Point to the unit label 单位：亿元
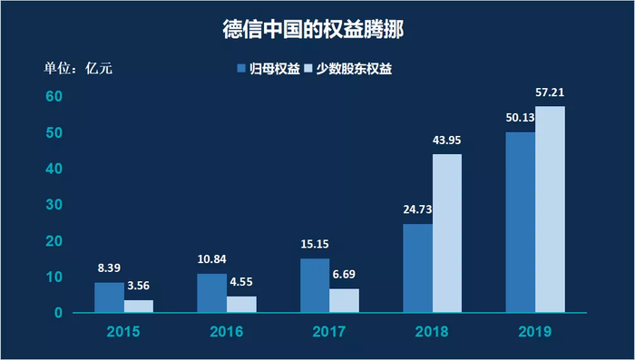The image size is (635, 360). coord(79,69)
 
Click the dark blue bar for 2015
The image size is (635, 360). coord(109,297)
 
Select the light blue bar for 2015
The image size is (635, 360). coord(139,306)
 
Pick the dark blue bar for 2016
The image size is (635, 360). coord(211,293)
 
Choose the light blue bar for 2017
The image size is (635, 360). coord(344,301)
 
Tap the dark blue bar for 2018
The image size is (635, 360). coord(417,268)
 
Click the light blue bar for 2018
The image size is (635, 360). coord(447,234)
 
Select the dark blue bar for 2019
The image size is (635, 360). coord(520,222)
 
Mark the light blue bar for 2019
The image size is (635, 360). coord(550,209)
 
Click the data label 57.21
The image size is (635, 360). coord(551,92)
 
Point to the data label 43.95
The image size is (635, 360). coord(448,140)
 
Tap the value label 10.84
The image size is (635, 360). coord(212,259)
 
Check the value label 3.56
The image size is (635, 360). coord(139,285)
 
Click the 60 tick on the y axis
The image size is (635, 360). coord(54,96)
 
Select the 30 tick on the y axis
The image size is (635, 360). coord(54,205)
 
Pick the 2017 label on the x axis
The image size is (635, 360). coord(329,332)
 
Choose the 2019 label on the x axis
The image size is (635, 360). coord(535,332)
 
